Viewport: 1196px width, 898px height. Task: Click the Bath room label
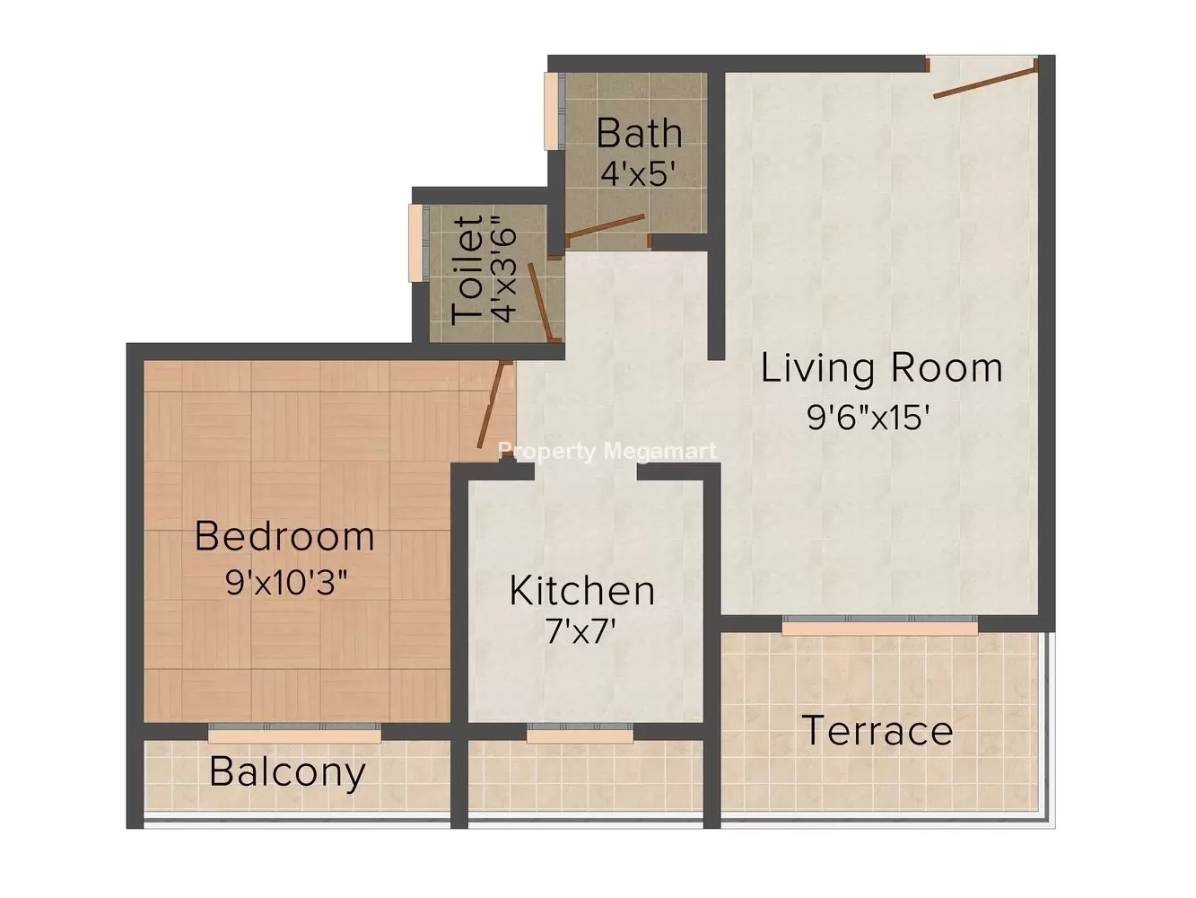[x=639, y=133]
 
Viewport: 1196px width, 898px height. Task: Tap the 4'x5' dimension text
[x=638, y=174]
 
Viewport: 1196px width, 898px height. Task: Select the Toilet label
[x=467, y=270]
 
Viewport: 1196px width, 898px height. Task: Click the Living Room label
[x=881, y=368]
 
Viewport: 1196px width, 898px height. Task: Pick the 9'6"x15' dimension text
[x=868, y=418]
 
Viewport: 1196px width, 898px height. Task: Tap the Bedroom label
[x=284, y=536]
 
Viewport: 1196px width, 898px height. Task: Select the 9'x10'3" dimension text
[x=286, y=582]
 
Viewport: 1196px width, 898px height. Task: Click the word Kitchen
[x=582, y=591]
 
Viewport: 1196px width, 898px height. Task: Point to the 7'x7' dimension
[x=581, y=632]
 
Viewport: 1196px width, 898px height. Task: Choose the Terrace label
[x=877, y=731]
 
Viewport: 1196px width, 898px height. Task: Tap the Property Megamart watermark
[x=607, y=452]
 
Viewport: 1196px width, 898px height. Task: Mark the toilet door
[x=541, y=302]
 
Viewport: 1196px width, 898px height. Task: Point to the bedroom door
[x=494, y=405]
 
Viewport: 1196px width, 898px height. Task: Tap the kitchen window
[x=580, y=733]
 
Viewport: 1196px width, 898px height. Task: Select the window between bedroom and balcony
[x=294, y=733]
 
